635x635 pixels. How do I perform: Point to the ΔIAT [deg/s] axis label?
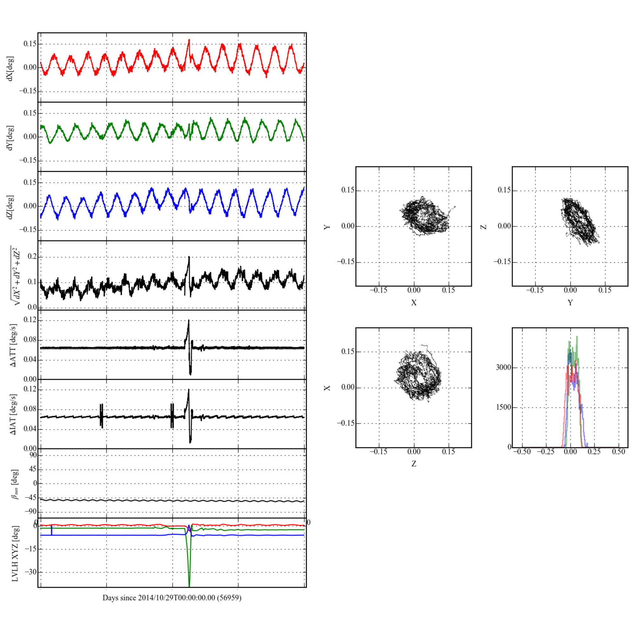click(13, 414)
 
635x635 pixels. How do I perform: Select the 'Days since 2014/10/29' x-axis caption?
click(172, 598)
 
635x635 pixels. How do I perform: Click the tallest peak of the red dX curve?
click(189, 40)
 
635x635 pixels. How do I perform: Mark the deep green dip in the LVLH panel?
click(189, 585)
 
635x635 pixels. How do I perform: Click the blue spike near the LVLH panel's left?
click(52, 530)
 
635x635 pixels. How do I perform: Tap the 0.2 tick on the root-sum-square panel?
click(32, 257)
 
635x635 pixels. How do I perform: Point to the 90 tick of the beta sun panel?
click(33, 455)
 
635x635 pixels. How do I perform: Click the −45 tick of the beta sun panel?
click(31, 498)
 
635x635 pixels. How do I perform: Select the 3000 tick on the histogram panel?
click(504, 367)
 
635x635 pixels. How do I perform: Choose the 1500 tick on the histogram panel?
click(504, 407)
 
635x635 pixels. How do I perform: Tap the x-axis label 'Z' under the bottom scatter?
click(413, 464)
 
